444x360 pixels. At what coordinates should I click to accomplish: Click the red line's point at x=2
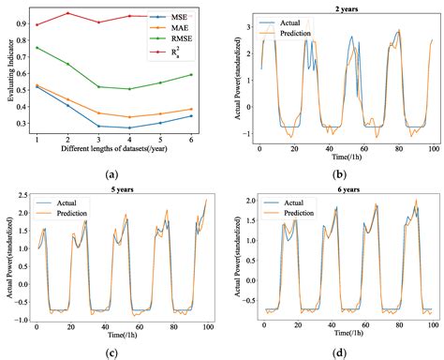click(x=67, y=13)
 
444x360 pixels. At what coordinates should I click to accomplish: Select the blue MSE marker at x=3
click(x=98, y=126)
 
